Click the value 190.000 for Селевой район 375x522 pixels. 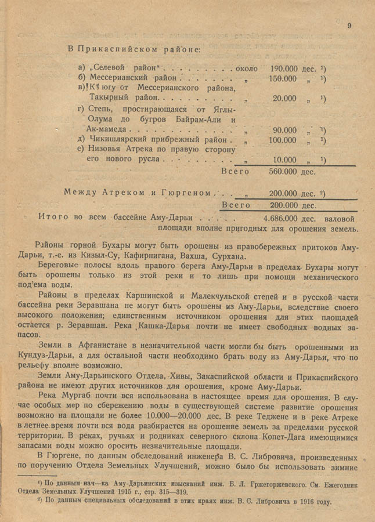click(285, 68)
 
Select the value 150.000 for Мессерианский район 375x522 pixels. click(285, 78)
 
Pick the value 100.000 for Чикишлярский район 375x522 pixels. click(285, 140)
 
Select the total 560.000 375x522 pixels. click(285, 172)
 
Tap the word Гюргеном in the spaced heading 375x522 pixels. click(189, 192)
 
